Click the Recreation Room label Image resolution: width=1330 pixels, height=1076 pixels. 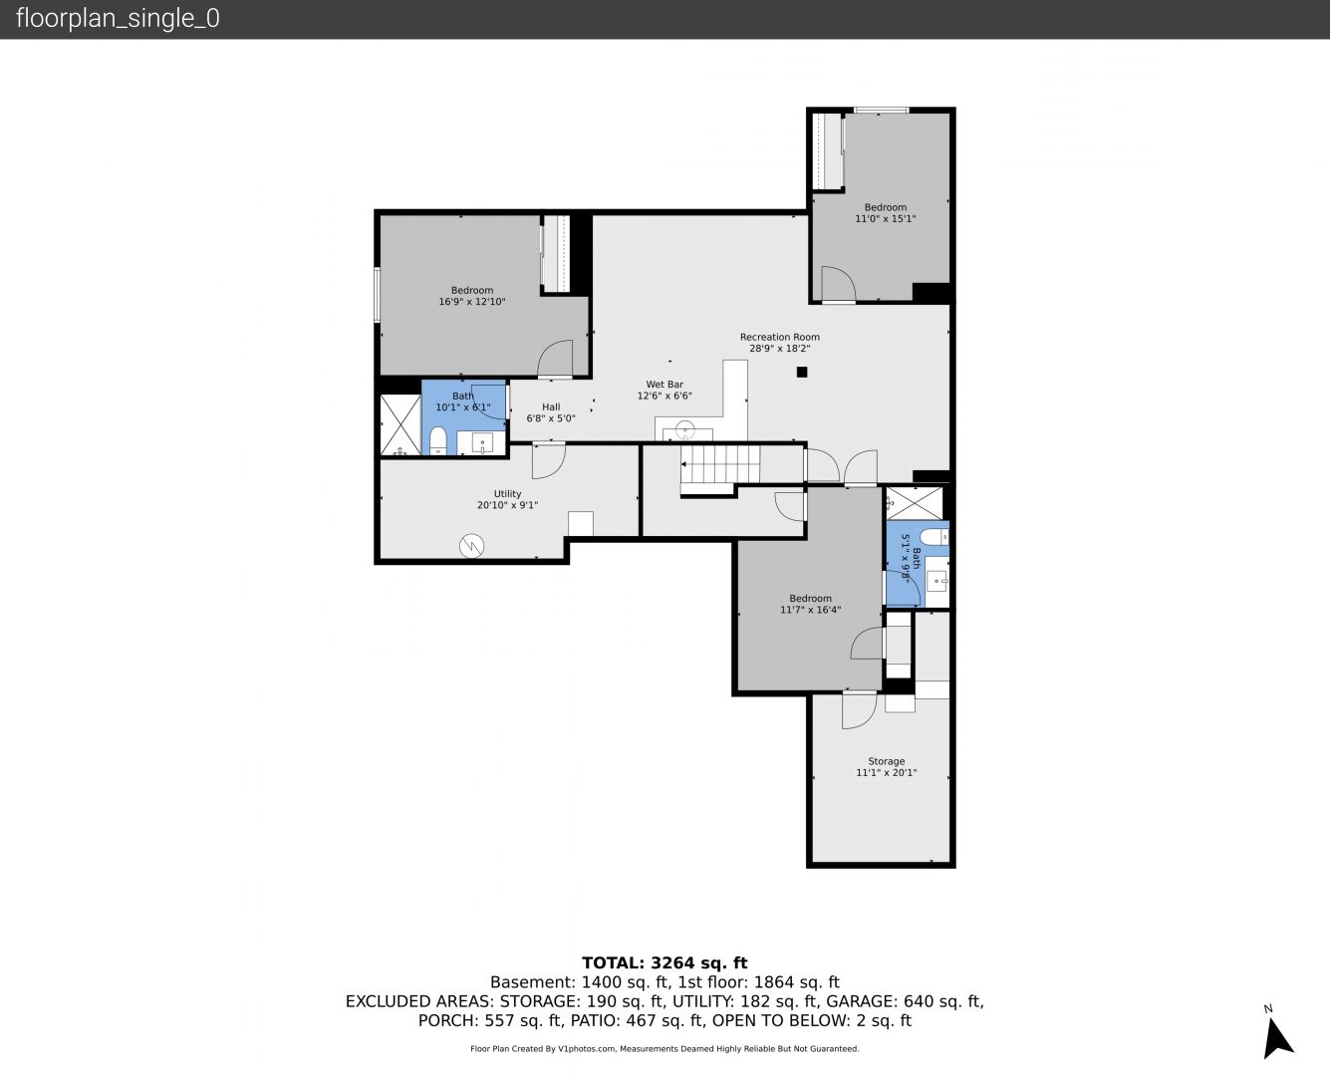[779, 337]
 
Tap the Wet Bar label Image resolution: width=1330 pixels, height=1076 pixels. [665, 385]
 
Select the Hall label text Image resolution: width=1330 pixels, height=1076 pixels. [551, 407]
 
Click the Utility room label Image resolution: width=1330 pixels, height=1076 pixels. [507, 494]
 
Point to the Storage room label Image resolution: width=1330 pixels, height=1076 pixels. [886, 761]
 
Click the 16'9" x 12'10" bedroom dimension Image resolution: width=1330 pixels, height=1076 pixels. [472, 302]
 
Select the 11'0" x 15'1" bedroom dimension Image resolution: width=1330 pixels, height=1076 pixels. [886, 218]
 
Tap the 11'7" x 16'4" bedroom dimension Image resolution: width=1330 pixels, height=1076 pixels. [811, 610]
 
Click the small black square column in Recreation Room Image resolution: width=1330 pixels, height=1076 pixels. [802, 373]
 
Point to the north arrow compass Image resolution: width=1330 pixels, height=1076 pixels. [1277, 1037]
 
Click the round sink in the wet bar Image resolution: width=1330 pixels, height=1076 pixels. [685, 429]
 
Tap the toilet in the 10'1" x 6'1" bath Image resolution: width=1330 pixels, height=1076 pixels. [437, 440]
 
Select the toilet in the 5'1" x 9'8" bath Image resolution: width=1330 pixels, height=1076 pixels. [934, 536]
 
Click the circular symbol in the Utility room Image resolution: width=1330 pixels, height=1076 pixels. [471, 546]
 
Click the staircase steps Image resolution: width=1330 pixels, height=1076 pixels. [720, 464]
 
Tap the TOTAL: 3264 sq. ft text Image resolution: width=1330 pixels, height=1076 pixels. [665, 962]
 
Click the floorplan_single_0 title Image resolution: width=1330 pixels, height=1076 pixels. [118, 18]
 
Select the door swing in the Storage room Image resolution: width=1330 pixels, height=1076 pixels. [860, 710]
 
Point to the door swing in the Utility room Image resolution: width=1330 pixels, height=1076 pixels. [549, 460]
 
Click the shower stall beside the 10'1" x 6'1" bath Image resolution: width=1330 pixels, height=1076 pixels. [400, 424]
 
